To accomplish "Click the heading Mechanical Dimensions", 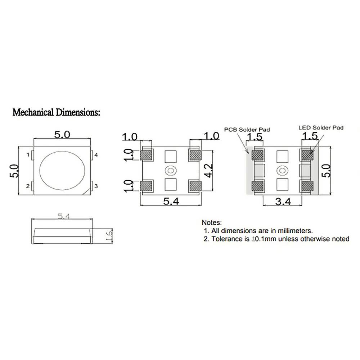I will (x=56, y=112).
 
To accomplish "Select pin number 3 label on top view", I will (x=96, y=186).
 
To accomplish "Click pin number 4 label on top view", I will (x=96, y=155).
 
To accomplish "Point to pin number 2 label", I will (x=28, y=186).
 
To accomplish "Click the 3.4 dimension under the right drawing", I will (x=283, y=202).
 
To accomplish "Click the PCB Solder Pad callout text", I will (x=247, y=129).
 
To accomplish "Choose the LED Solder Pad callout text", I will (x=321, y=127).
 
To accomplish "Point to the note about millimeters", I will (x=258, y=230).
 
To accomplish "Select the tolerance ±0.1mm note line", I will (x=276, y=239).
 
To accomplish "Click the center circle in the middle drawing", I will (x=170, y=170).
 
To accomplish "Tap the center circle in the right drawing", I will (x=282, y=170).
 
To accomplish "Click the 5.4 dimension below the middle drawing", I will (x=171, y=202).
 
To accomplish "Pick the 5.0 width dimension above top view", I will (x=62, y=135).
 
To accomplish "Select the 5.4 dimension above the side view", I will (x=63, y=216).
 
